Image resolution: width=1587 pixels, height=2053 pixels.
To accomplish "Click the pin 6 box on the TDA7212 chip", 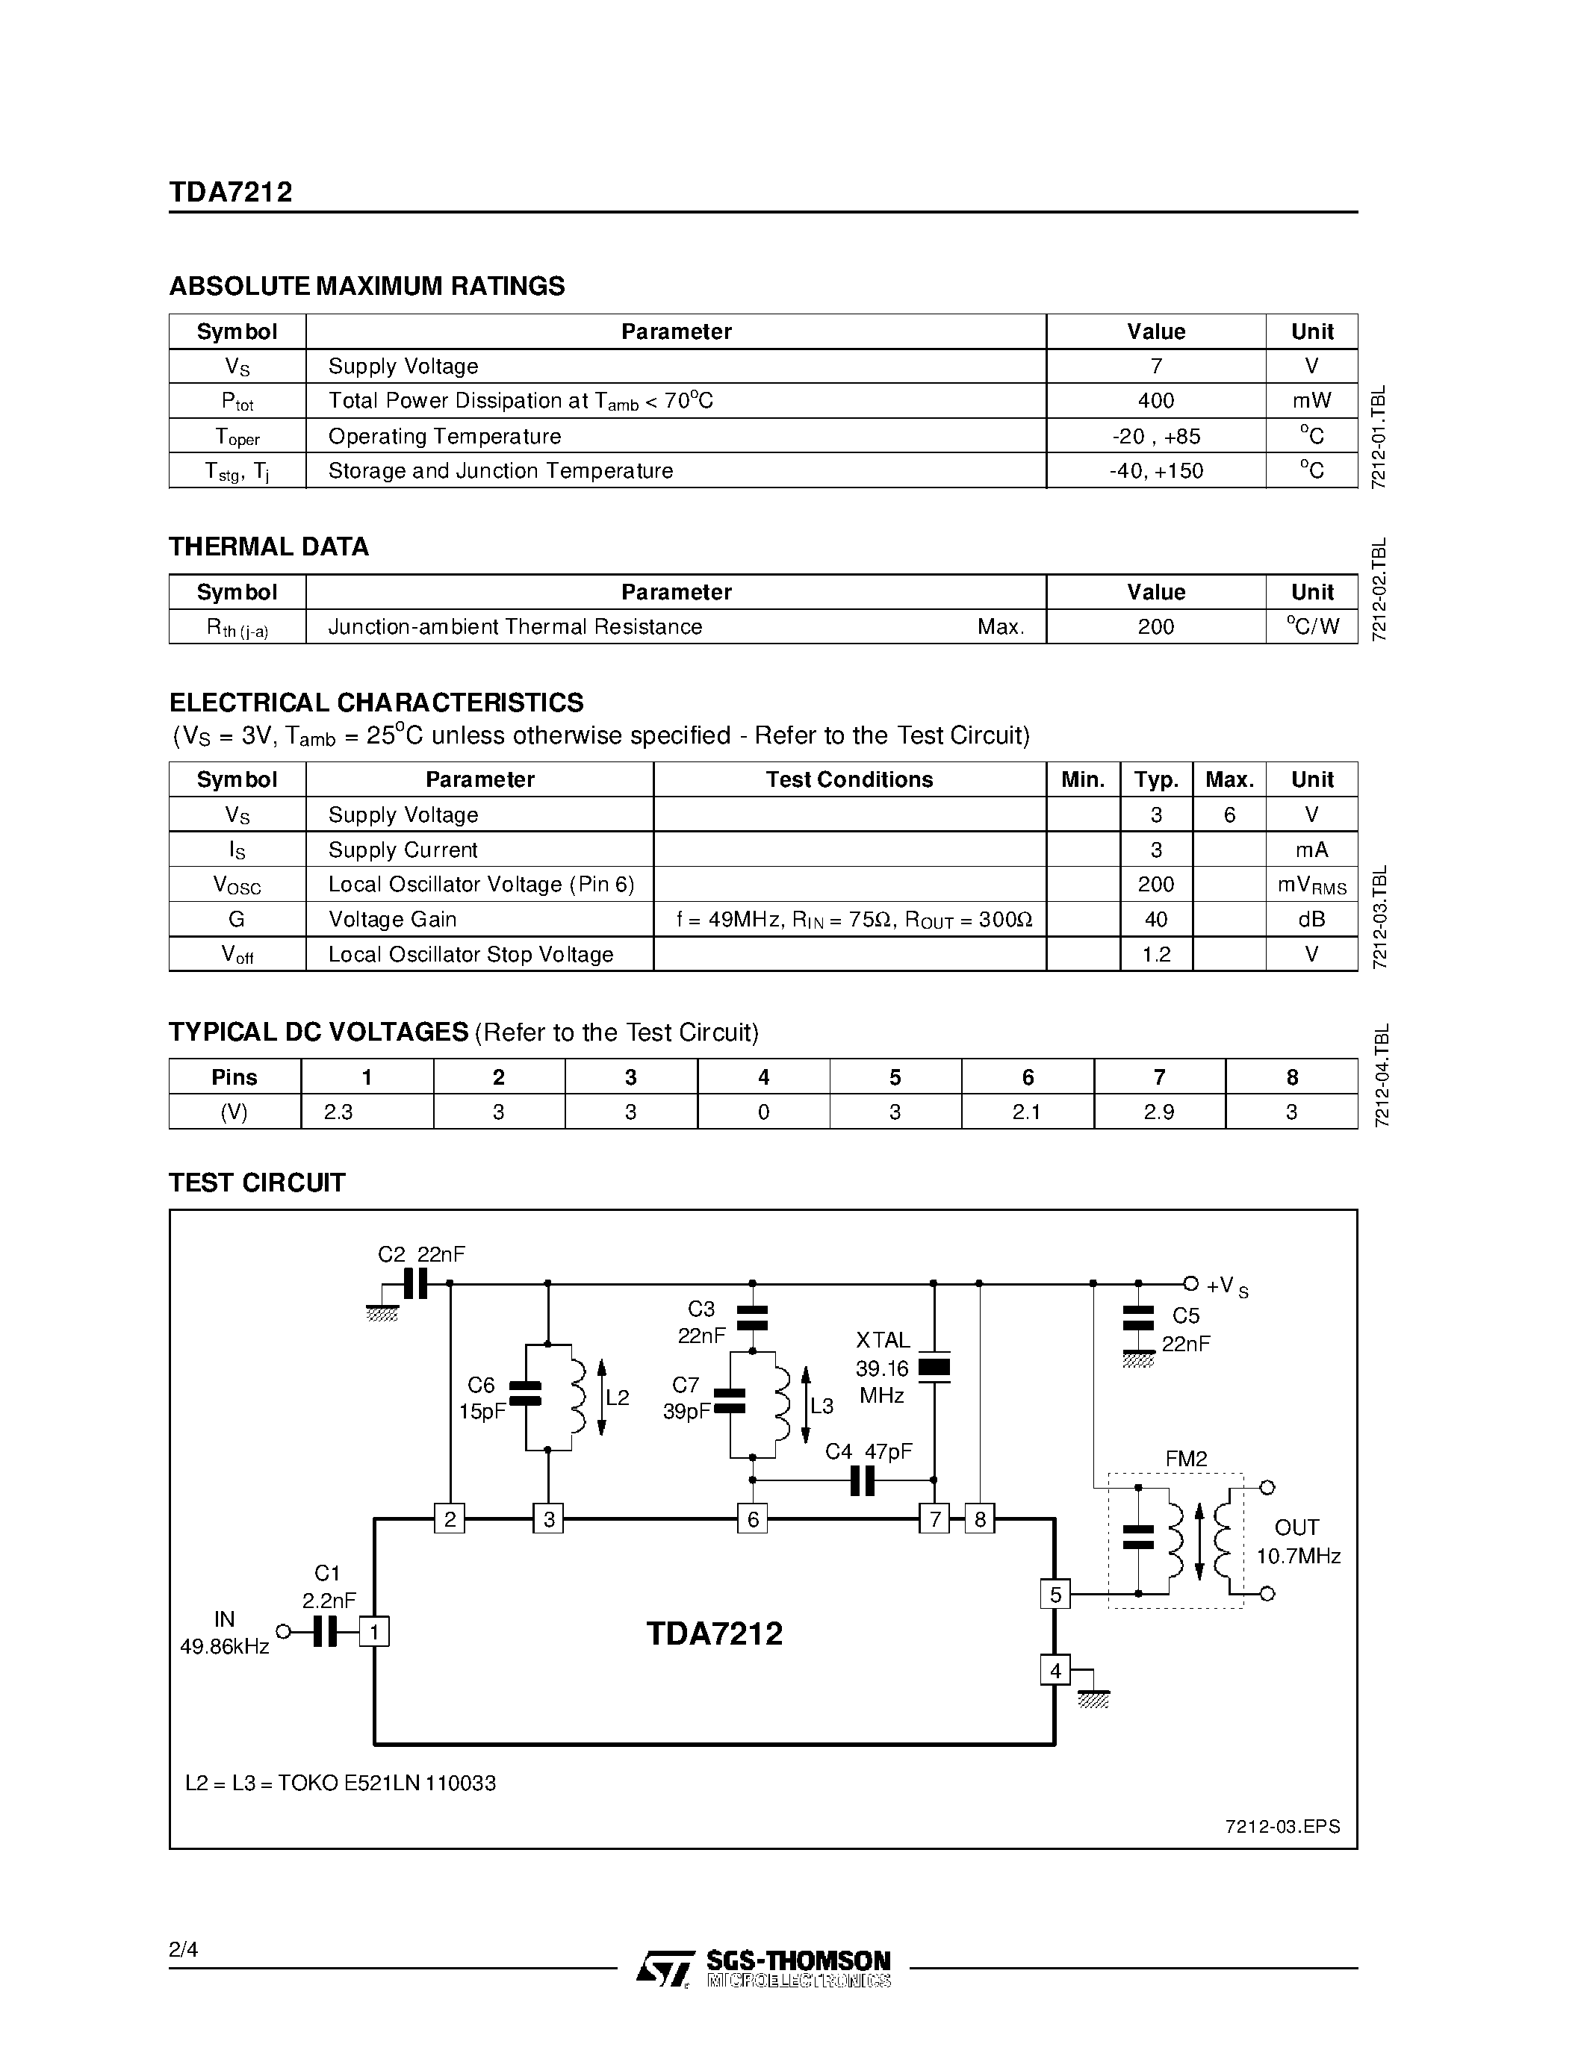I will pos(752,1518).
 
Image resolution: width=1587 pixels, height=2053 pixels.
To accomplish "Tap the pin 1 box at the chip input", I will pos(374,1631).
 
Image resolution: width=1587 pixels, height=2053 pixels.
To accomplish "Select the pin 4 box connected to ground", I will pos(1055,1671).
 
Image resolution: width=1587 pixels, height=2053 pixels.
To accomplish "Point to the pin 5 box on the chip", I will pos(1055,1595).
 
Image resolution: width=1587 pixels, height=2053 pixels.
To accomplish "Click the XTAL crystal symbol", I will pos(934,1368).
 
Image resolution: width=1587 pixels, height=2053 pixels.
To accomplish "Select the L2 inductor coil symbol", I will pos(578,1397).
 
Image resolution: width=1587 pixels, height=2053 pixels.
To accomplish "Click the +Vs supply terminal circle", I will pos(1190,1283).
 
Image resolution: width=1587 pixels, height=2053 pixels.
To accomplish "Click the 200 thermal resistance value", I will pos(1155,627).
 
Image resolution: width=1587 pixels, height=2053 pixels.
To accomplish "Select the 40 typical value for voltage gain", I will pos(1155,919).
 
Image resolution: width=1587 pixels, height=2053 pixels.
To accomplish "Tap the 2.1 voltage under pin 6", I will pos(1027,1112).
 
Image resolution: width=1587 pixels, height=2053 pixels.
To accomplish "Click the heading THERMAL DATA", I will pos(269,547).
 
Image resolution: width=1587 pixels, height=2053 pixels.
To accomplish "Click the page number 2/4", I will pos(183,1949).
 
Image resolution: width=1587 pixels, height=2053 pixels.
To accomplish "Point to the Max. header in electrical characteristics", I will pos(1229,779).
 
